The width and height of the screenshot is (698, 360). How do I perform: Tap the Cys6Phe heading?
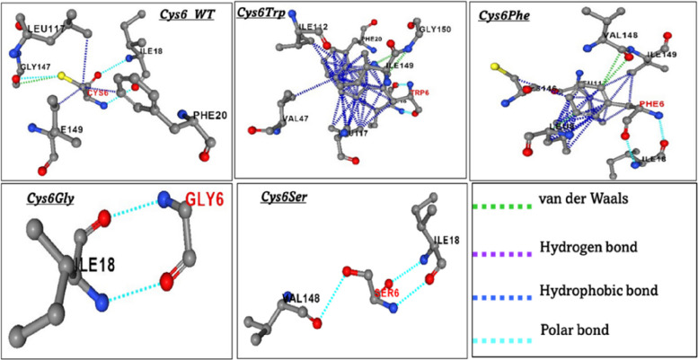509,15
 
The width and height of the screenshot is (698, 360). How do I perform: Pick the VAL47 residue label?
297,118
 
